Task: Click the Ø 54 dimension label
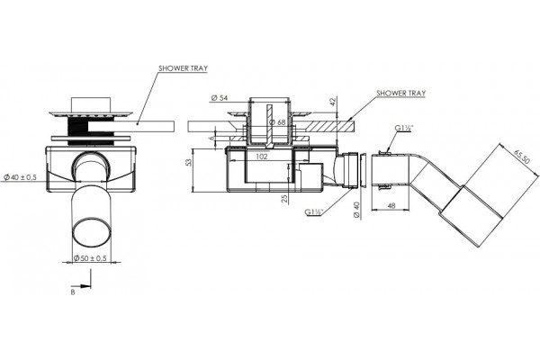click(x=219, y=98)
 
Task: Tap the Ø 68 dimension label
click(x=277, y=122)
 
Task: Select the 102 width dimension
click(x=262, y=157)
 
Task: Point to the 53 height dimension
click(x=189, y=162)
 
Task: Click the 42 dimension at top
click(x=332, y=102)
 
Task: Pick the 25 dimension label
click(x=284, y=198)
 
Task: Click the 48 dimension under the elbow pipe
click(x=391, y=205)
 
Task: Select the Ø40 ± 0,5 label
click(x=20, y=177)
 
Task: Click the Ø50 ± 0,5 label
click(x=90, y=258)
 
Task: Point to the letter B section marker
click(x=73, y=292)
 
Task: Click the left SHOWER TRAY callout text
click(x=183, y=68)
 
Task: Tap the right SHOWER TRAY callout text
click(x=400, y=93)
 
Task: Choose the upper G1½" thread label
click(x=403, y=128)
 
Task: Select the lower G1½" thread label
click(x=313, y=212)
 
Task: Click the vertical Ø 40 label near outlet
click(x=356, y=210)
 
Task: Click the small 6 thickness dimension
click(x=212, y=138)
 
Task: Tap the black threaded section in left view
click(x=76, y=130)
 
